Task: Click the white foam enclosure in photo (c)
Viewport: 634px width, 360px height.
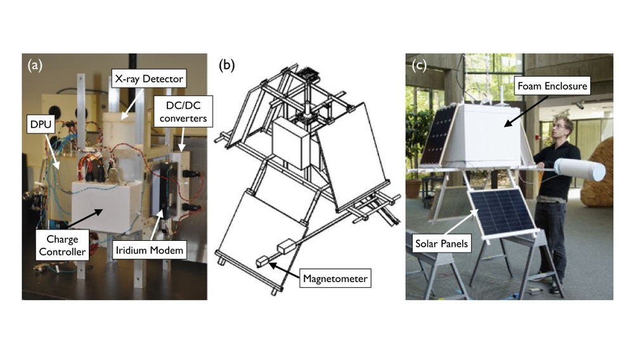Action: click(x=488, y=136)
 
